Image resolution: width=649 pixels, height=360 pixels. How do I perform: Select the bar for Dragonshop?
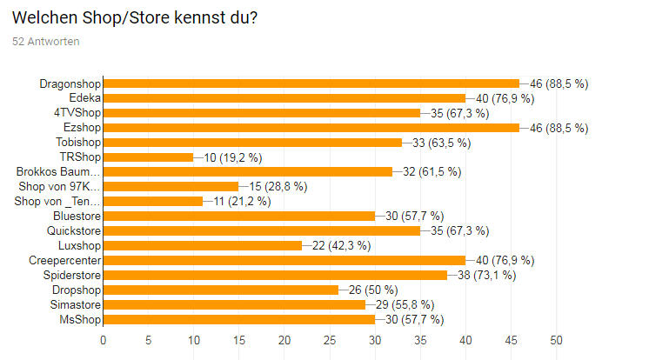311,83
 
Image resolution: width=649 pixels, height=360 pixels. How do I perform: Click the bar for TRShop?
148,157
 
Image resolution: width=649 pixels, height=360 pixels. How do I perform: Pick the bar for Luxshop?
202,245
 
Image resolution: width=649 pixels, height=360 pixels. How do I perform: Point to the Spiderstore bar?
275,275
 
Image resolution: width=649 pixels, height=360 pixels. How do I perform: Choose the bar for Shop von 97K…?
171,186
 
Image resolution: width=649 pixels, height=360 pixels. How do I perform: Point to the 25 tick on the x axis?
330,339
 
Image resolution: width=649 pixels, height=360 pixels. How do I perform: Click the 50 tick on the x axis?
556,339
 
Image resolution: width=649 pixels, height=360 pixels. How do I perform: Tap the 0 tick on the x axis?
104,339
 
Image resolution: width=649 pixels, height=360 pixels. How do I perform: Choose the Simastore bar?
234,304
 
